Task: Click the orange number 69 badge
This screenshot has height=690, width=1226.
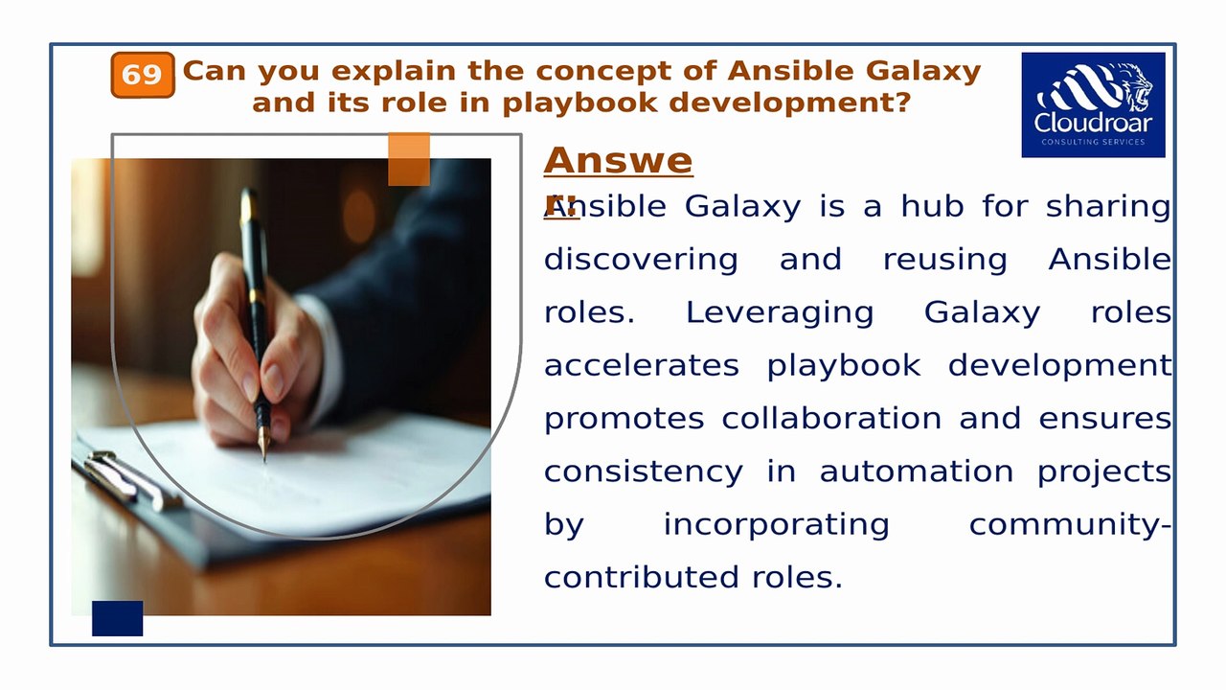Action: pyautogui.click(x=142, y=75)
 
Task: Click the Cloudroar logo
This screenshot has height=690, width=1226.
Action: pyautogui.click(x=1093, y=104)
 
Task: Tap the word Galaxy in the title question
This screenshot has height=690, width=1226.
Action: pyautogui.click(x=923, y=71)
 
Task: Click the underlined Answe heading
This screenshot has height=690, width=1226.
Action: pyautogui.click(x=618, y=161)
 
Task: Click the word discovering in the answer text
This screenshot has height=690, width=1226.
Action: pyautogui.click(x=641, y=260)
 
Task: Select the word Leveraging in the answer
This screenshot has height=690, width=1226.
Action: pyautogui.click(x=780, y=312)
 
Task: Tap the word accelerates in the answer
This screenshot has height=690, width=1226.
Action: pyautogui.click(x=641, y=365)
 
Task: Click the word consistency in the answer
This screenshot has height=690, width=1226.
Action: pyautogui.click(x=643, y=471)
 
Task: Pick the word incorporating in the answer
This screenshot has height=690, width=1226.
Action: pyautogui.click(x=776, y=524)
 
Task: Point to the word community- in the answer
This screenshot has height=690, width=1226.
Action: pyautogui.click(x=1070, y=524)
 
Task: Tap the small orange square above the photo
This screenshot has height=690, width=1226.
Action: pyautogui.click(x=409, y=159)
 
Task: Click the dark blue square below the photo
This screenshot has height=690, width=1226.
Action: pyautogui.click(x=117, y=618)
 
